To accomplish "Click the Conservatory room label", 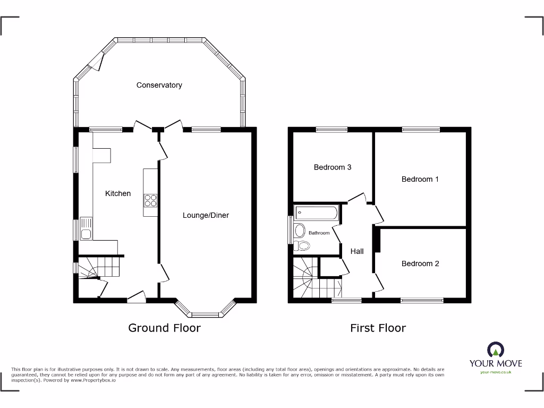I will point(159,85).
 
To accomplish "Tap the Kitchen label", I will point(118,193).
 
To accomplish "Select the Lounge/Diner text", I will point(206,215).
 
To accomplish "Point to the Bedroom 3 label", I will point(333,167).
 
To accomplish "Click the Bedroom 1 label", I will point(420,179).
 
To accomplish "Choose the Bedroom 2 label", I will point(420,263).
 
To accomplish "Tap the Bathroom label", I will point(319,233).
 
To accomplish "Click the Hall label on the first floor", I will point(357,251).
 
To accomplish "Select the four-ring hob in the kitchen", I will point(150,200).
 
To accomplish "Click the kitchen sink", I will point(86,228).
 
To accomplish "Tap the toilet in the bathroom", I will point(303,245).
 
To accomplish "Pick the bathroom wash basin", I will point(300,231).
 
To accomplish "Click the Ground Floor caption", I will point(165,328).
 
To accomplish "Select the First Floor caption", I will point(378,328).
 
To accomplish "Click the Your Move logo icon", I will point(495,350).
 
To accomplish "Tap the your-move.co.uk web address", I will point(495,372).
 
